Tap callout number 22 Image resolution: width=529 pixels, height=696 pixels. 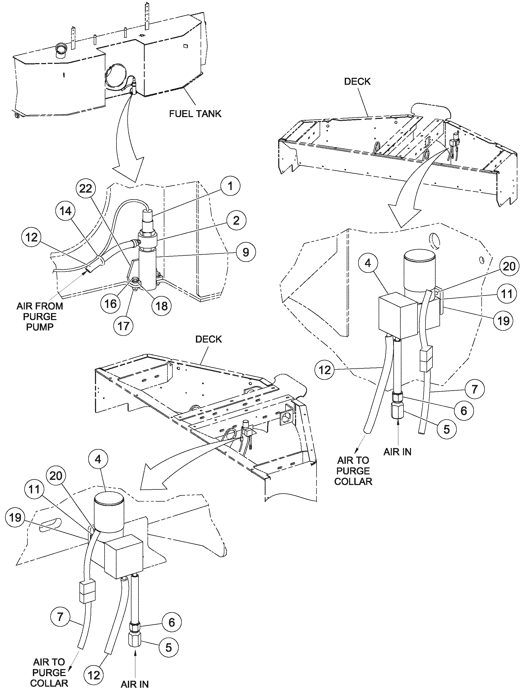pos(86,188)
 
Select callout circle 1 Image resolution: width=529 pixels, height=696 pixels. pos(231,186)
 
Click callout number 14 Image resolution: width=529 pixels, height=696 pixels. pos(65,211)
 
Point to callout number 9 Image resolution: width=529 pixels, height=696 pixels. pos(246,252)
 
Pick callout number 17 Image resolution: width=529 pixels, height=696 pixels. pos(123,326)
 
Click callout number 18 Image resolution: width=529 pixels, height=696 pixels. pos(161,306)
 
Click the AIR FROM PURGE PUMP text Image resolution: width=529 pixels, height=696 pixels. pos(40,316)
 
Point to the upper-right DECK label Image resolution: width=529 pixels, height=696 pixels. pos(357,81)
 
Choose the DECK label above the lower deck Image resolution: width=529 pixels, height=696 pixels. pos(208,339)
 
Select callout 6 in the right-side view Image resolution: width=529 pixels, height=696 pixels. pos(464,410)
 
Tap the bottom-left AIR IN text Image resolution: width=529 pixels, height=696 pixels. pos(135,690)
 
